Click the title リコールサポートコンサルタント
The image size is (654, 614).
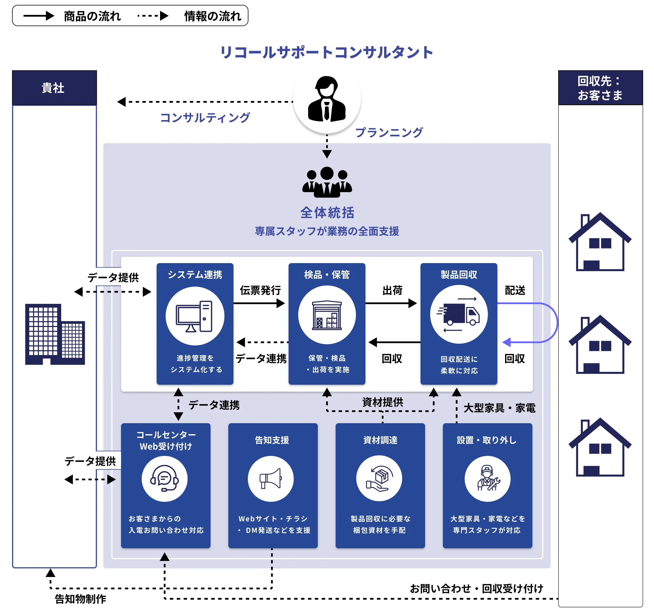(x=327, y=52)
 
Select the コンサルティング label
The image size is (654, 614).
(x=205, y=117)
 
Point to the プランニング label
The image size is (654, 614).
(x=389, y=132)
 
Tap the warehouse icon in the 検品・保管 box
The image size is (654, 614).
(x=327, y=315)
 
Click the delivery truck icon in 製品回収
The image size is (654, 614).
(x=459, y=314)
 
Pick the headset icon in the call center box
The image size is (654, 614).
(x=164, y=479)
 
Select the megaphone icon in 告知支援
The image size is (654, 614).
(x=271, y=479)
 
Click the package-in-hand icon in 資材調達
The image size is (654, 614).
(x=379, y=479)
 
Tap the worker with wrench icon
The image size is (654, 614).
(x=488, y=479)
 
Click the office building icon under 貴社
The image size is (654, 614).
(x=55, y=334)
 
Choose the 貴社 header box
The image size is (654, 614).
(x=54, y=88)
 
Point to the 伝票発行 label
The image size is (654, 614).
(x=260, y=290)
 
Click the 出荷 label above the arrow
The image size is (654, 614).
(x=392, y=290)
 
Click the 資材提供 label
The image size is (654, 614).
(x=383, y=402)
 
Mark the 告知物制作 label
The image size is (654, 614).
(x=80, y=599)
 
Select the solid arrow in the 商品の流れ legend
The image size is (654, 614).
(x=38, y=16)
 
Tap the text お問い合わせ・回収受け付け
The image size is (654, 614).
(x=476, y=588)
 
